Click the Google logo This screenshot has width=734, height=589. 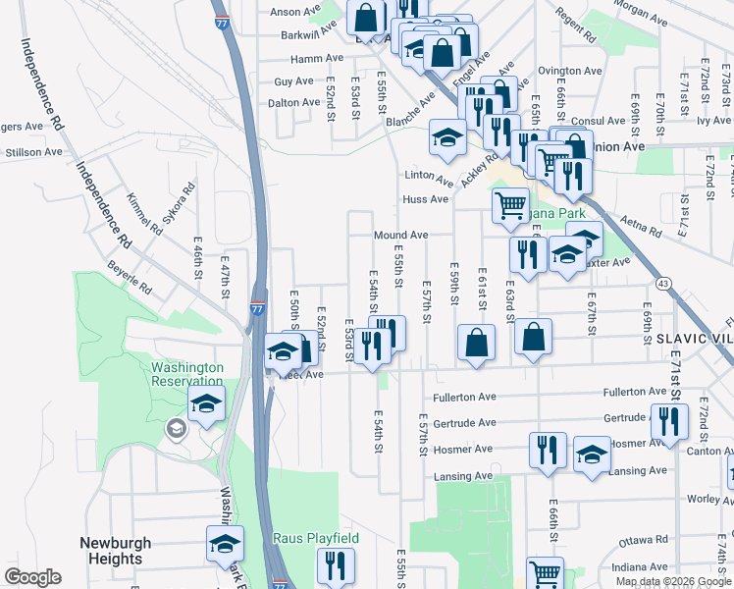pos(32,577)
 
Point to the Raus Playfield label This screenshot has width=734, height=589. pos(316,538)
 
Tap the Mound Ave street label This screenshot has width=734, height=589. pos(400,236)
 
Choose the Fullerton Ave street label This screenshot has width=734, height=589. pos(462,398)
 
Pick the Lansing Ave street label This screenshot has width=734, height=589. pos(463,476)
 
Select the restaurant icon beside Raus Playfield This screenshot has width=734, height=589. pos(336,565)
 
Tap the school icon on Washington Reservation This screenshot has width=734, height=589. pos(207,402)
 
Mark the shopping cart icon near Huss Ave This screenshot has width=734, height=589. pos(510,206)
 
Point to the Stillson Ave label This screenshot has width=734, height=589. pos(34,152)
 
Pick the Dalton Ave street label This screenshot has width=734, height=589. pos(294,102)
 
